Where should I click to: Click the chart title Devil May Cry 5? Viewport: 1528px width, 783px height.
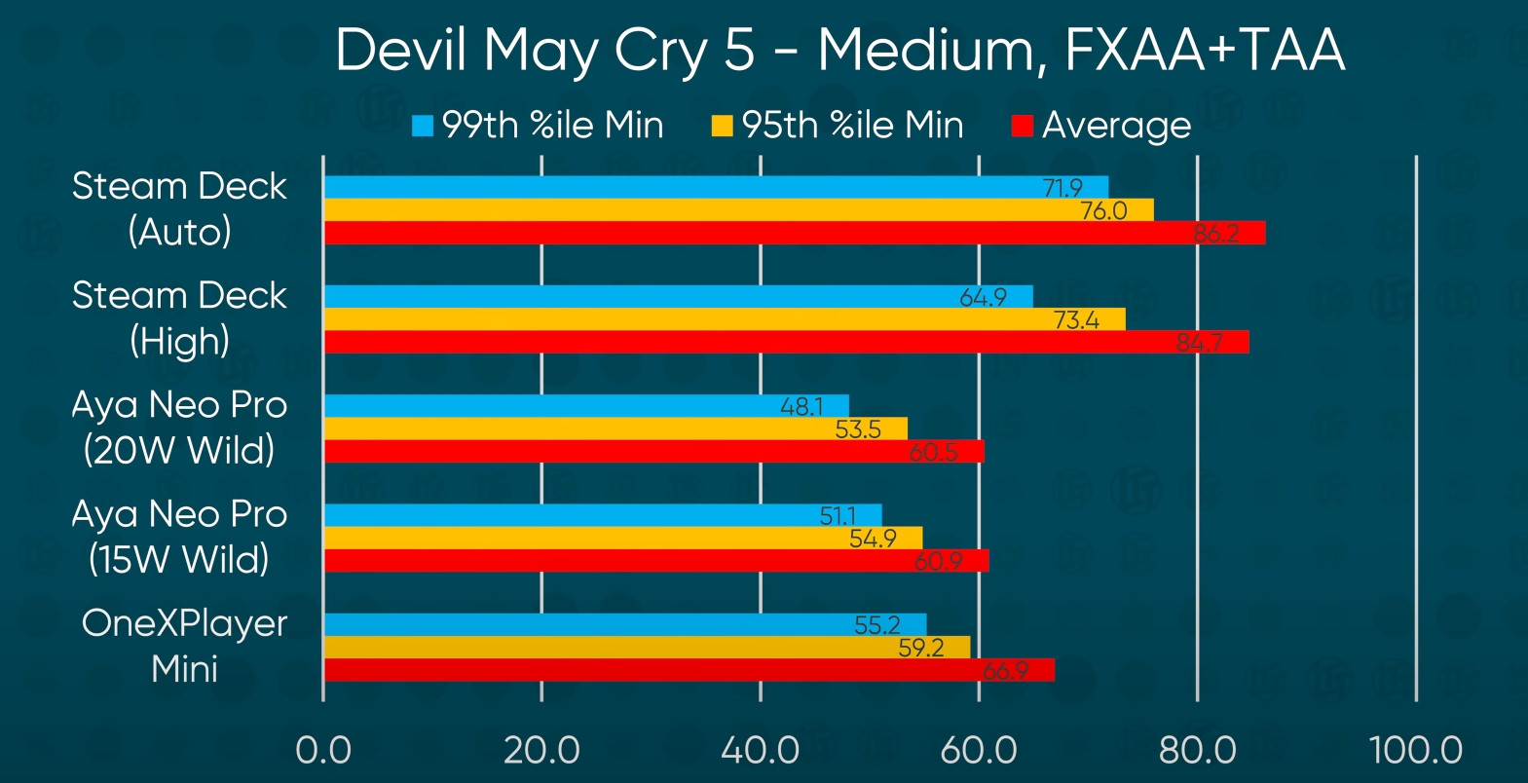[839, 51]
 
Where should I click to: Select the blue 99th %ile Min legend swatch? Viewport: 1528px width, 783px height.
[423, 126]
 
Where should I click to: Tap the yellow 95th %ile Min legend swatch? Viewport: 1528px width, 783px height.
[722, 126]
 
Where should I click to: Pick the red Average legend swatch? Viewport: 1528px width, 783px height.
[1022, 126]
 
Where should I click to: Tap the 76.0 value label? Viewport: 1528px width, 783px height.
[1103, 210]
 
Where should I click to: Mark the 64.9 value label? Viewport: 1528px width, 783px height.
[983, 297]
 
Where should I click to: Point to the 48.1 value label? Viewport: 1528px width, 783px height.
[801, 406]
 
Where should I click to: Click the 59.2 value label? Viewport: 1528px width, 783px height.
[920, 648]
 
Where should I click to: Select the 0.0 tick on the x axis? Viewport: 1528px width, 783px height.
[323, 750]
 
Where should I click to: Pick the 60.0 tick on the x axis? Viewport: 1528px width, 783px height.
[978, 750]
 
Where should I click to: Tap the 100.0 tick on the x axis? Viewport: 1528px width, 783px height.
[1415, 750]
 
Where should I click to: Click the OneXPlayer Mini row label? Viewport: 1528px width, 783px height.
[184, 646]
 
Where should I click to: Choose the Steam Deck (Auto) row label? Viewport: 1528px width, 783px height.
[179, 208]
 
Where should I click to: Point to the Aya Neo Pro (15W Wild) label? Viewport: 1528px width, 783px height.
[179, 537]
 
